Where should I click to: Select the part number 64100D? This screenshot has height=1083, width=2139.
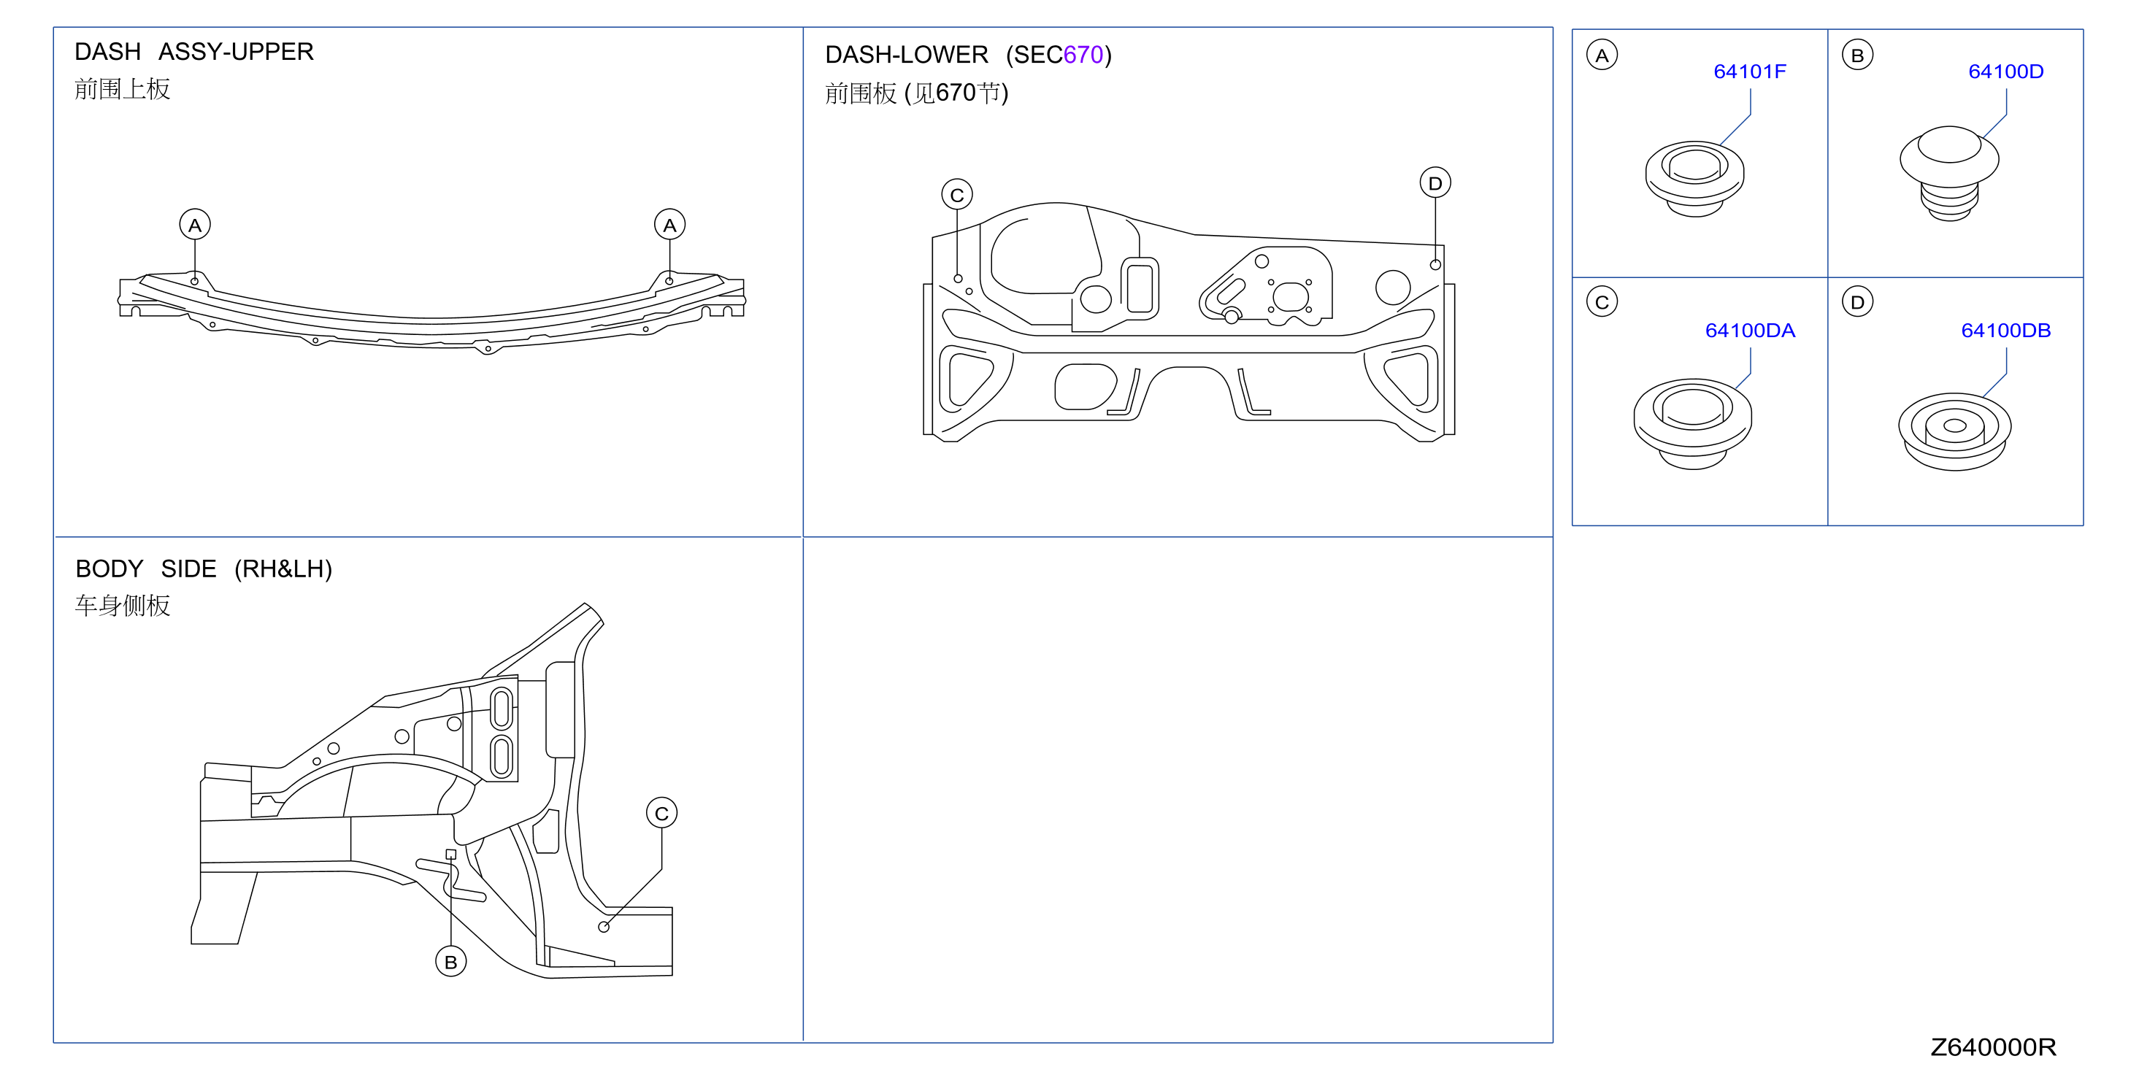2005,72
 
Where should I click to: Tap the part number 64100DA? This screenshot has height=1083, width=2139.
1750,331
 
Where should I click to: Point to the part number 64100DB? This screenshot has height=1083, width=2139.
2005,331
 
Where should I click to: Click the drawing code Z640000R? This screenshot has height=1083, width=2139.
1993,1047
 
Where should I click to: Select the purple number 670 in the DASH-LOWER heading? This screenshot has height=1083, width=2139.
1083,55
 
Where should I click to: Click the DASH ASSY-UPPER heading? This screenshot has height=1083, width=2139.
194,52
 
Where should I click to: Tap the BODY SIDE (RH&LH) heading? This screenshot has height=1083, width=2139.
204,569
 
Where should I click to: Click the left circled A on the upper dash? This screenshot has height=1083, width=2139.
195,225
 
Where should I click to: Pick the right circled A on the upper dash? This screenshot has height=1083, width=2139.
669,225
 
